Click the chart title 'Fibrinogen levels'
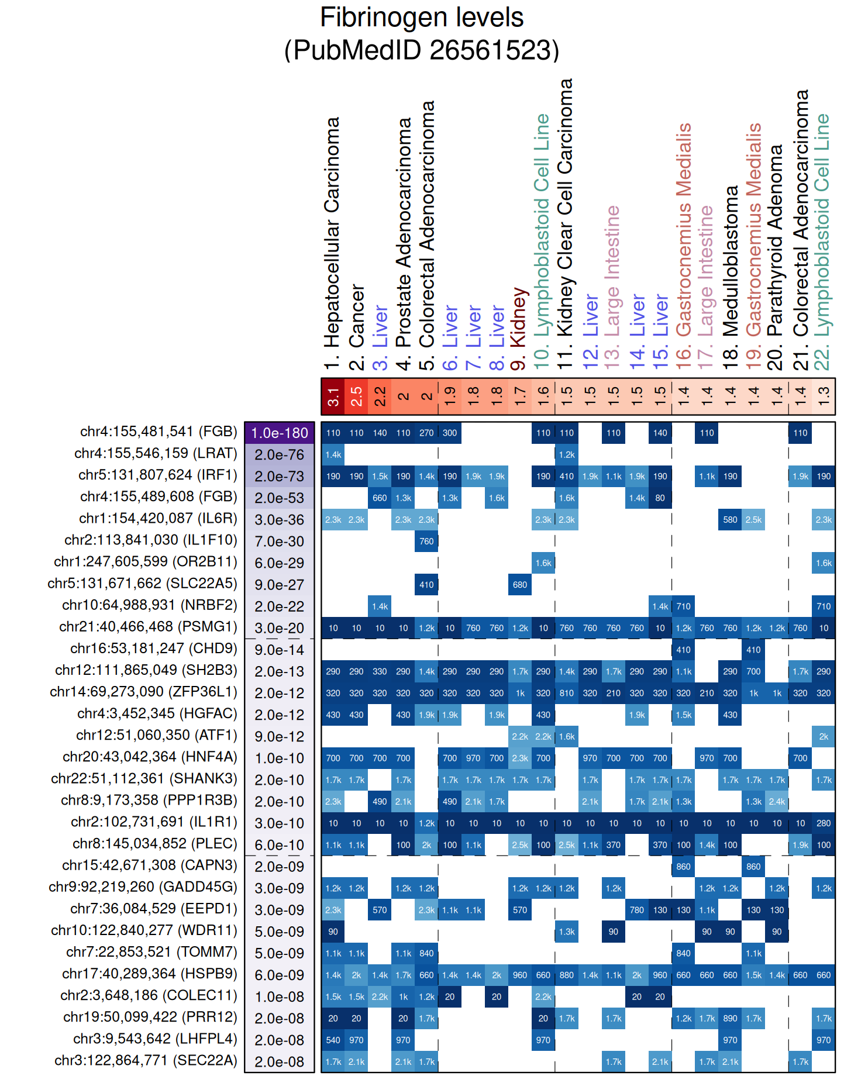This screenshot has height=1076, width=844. point(421,18)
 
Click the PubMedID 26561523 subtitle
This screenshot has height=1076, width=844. point(421,50)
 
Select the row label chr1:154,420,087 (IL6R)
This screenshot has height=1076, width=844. point(158,519)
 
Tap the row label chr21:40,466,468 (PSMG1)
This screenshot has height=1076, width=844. point(148,627)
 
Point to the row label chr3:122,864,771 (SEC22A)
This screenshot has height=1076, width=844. point(146,1061)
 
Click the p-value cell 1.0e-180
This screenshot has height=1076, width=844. point(280,433)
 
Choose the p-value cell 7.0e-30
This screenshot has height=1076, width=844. point(280,542)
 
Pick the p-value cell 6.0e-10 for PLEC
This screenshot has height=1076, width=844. point(280,845)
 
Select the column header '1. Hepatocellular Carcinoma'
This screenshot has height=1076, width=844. point(332,243)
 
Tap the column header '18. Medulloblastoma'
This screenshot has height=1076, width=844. point(731,278)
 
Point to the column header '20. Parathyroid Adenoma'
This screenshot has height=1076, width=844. point(776,257)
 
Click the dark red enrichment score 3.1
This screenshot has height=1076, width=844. point(333,396)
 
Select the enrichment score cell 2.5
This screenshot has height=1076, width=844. point(356,396)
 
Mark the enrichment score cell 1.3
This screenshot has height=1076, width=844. point(824,396)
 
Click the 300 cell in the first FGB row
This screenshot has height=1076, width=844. point(450,433)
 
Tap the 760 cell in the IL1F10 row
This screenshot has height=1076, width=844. point(426,542)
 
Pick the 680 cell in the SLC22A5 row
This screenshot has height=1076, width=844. point(520,585)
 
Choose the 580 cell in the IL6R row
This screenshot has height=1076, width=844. point(730,519)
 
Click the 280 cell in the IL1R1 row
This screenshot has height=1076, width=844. point(824,823)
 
